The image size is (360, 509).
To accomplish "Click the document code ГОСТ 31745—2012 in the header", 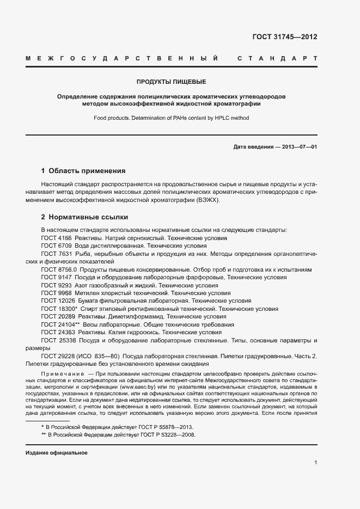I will pyautogui.click(x=284, y=38).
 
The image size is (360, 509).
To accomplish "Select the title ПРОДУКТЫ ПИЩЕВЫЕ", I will pyautogui.click(x=171, y=82).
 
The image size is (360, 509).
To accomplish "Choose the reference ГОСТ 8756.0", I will pyautogui.click(x=59, y=269).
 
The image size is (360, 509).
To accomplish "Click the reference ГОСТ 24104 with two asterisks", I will pyautogui.click(x=60, y=324).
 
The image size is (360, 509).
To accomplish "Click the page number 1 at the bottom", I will pyautogui.click(x=315, y=463).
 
